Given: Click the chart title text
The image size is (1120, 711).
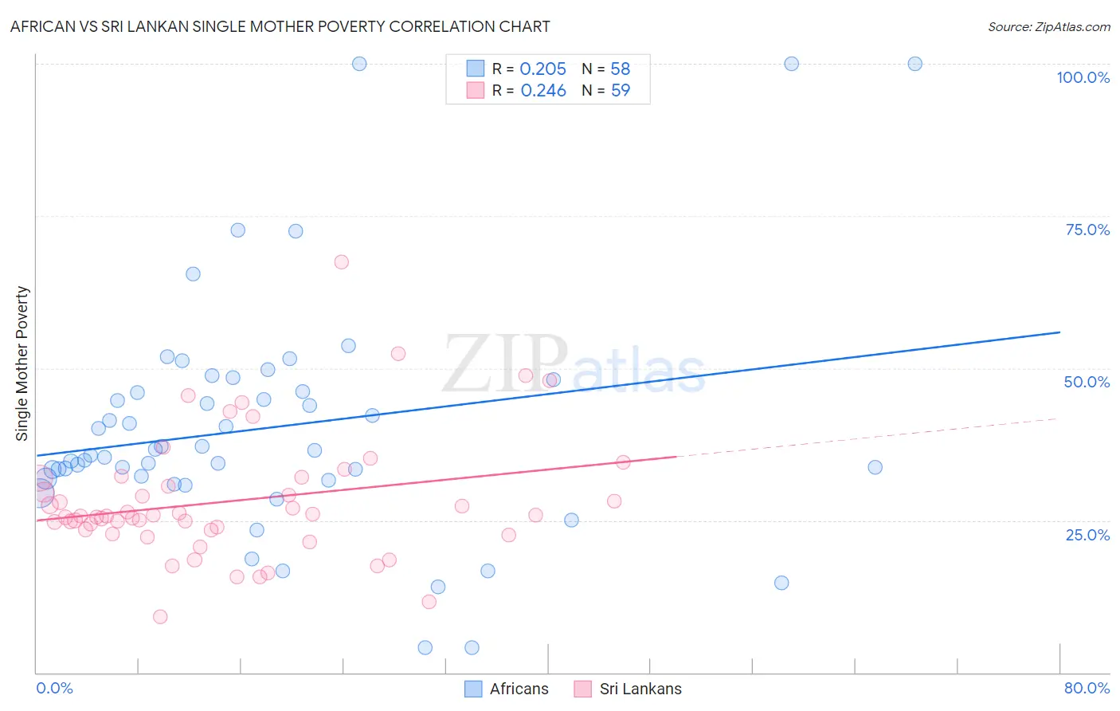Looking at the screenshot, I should [x=280, y=26].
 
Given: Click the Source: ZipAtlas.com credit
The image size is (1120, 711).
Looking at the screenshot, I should [x=1048, y=26].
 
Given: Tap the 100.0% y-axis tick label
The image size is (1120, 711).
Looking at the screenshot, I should [x=1083, y=77].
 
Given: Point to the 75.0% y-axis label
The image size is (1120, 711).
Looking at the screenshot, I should [x=1087, y=230].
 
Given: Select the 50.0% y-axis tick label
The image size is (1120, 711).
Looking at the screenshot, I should [x=1087, y=382].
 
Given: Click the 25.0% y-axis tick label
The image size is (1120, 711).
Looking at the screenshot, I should [x=1087, y=534].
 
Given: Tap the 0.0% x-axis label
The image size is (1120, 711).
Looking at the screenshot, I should [x=54, y=688].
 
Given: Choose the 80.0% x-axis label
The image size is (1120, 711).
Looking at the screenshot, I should [x=1087, y=688].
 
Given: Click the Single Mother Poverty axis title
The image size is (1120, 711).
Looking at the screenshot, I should [x=22, y=363].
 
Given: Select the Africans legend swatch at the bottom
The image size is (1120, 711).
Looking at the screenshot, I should [x=473, y=689].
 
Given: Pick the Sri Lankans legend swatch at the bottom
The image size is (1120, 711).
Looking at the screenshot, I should [x=583, y=689].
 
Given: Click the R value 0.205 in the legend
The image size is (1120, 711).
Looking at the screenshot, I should [x=542, y=69].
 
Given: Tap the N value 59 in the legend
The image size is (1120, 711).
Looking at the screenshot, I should [x=621, y=91].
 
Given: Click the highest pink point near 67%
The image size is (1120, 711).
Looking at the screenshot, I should [x=342, y=262].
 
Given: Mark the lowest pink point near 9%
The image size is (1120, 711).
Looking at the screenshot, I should [x=160, y=617].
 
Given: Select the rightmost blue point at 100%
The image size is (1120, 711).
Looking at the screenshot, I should [x=915, y=64].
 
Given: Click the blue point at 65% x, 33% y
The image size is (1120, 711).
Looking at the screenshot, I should [x=875, y=467].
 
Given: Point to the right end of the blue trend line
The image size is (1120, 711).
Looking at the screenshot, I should [x=1059, y=332].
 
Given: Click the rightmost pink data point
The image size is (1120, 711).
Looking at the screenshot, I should [x=624, y=462].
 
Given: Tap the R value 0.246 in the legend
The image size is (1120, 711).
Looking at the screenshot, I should [x=543, y=91].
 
